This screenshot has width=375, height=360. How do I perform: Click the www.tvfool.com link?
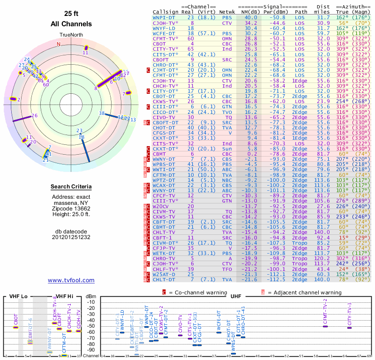(71, 280)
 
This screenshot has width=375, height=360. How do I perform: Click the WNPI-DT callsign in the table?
(165, 17)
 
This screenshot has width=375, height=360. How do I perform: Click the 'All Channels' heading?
(71, 24)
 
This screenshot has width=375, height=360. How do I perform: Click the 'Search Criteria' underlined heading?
(71, 187)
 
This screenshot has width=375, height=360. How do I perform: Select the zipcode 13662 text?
(71, 208)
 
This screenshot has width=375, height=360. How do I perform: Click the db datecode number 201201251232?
(71, 237)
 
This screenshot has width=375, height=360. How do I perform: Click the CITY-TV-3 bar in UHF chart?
(349, 327)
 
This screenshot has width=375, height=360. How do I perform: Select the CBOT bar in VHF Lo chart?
(15, 327)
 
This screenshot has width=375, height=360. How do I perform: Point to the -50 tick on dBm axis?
(90, 326)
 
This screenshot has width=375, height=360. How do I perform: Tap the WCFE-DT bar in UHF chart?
(219, 332)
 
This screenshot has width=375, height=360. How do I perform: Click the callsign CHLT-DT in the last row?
(165, 280)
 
